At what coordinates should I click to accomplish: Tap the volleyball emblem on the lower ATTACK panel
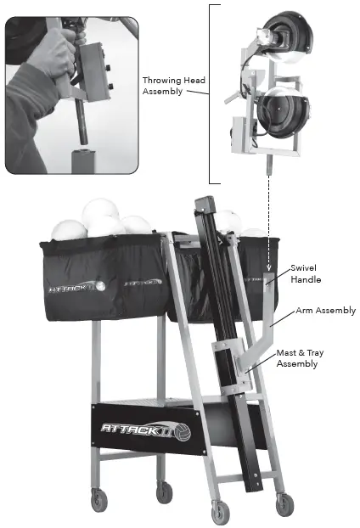(180, 430)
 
